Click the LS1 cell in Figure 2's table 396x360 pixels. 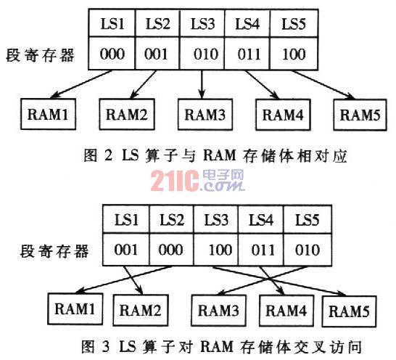point(112,23)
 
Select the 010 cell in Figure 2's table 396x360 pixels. point(202,53)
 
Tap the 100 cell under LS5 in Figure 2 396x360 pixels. point(294,53)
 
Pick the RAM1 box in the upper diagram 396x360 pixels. point(49,114)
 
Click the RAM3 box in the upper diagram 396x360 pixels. point(205,115)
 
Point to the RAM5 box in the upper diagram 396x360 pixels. point(360,115)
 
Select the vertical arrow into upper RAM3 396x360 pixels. point(202,84)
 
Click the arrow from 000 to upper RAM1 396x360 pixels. point(81,84)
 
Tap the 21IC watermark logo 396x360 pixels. point(197,180)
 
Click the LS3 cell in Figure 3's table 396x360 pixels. point(216,219)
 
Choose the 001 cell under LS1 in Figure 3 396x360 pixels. point(126,250)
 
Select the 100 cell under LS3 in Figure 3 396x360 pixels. point(216,250)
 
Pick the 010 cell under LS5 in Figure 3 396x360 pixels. point(308,250)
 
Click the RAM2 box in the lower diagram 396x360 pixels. point(141,310)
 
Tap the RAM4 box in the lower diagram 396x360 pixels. point(286,311)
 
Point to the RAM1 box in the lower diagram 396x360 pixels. point(75,308)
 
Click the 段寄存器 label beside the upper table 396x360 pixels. point(40,55)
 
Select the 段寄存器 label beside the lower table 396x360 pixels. point(54,251)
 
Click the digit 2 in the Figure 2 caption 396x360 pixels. point(108,155)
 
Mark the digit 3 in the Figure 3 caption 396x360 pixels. point(106,347)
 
